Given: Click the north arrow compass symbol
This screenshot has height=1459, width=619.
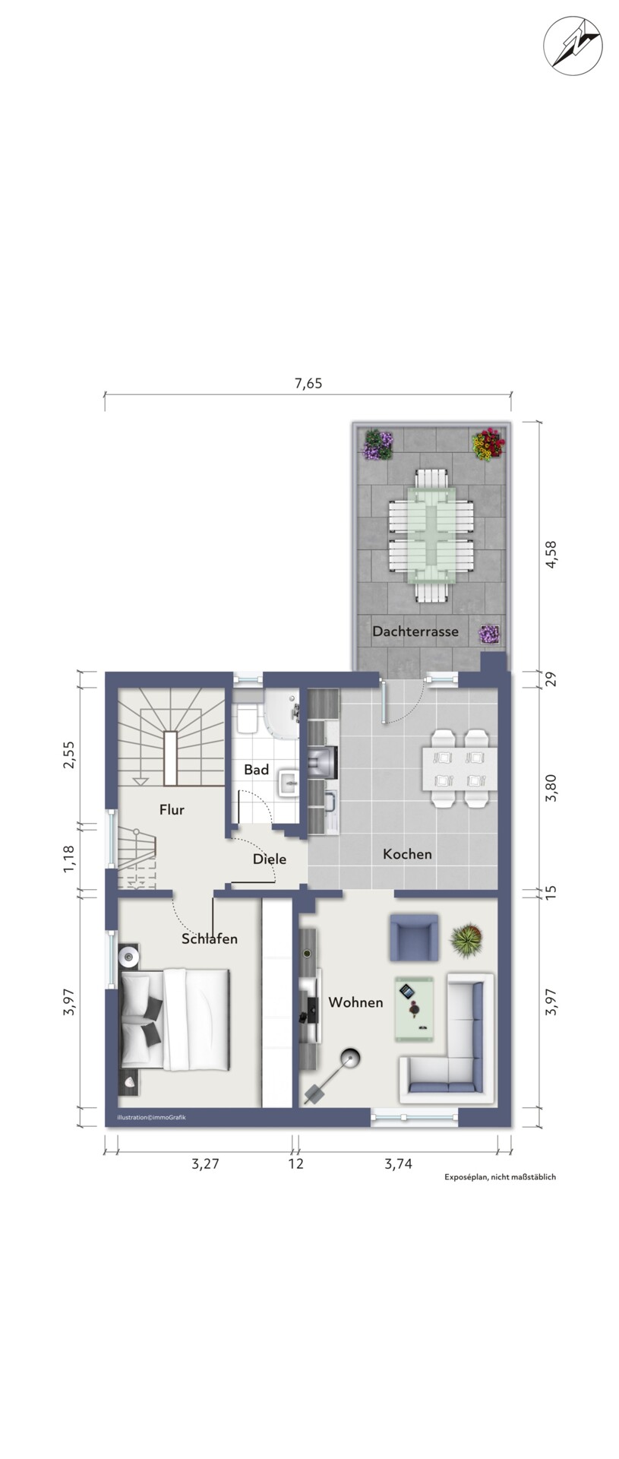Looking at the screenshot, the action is (572, 47).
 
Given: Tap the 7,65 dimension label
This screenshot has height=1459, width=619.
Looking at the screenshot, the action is (308, 383).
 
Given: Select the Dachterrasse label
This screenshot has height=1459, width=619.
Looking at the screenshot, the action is (415, 631).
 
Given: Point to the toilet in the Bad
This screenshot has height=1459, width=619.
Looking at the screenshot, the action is (247, 720).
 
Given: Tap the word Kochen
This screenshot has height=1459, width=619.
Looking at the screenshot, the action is (407, 854).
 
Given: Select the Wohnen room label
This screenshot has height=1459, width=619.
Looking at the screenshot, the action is (355, 1002).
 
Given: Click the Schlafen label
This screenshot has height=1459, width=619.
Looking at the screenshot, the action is (210, 938).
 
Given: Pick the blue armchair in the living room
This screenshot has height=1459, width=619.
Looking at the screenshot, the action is (414, 937).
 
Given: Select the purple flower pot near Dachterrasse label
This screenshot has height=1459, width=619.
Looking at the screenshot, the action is (489, 634).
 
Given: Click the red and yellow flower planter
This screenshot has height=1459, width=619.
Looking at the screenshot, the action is (488, 445).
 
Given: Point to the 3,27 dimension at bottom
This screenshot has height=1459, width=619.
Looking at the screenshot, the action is (205, 1163).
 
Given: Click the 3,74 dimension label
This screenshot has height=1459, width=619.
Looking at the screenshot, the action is (398, 1163).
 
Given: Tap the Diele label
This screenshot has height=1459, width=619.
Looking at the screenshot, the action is (270, 859).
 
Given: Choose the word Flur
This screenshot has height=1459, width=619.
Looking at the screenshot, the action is (172, 809).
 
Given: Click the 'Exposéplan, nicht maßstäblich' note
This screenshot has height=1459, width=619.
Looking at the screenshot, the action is (501, 1177).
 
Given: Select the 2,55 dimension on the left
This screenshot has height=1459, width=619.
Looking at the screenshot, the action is (69, 754).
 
